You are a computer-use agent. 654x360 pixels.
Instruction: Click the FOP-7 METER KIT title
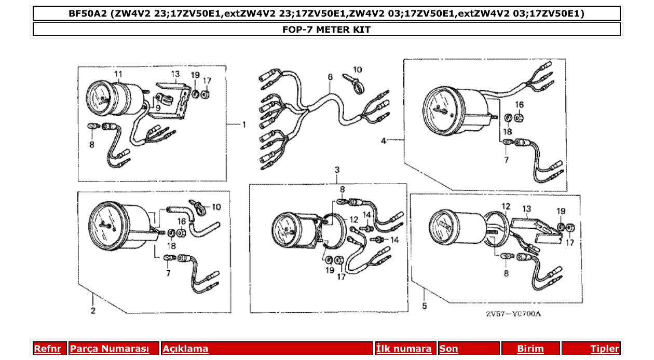[x=326, y=30]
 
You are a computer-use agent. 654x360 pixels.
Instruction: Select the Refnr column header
[x=47, y=349]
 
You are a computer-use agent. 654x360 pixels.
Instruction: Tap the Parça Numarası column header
[x=110, y=349]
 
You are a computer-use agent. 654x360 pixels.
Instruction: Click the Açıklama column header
[x=185, y=349]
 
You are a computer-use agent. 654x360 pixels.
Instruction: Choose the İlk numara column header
[x=404, y=349]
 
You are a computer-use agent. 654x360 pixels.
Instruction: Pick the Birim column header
[x=530, y=349]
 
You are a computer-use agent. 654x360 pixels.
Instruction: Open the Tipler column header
[x=604, y=349]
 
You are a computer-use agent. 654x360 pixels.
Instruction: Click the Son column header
[x=449, y=349]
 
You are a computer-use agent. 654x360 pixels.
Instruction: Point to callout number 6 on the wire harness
[x=330, y=77]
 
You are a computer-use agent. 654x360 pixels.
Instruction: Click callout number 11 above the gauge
[x=118, y=74]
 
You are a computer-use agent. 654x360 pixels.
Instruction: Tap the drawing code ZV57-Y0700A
[x=513, y=314]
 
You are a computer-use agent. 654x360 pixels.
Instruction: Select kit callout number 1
[x=243, y=124]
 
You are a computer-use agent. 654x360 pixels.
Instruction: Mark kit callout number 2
[x=92, y=311]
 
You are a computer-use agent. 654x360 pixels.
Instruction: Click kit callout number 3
[x=337, y=170]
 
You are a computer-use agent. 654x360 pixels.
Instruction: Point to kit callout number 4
[x=384, y=140]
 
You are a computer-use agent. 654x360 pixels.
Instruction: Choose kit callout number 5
[x=424, y=306]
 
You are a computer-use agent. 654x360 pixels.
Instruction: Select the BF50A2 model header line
[x=326, y=13]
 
